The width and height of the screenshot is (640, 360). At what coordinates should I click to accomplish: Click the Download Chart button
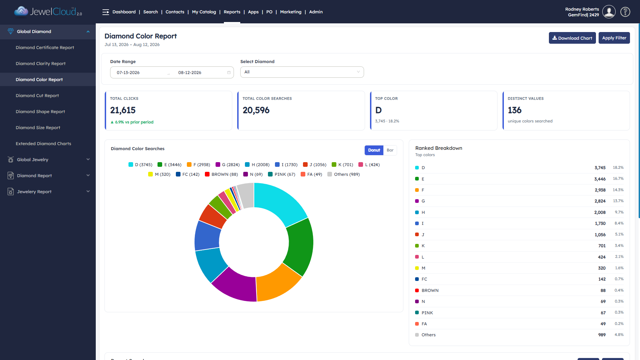point(572,38)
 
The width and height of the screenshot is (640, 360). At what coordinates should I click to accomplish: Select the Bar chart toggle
point(390,150)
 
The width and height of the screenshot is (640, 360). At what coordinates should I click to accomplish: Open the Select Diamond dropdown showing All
point(302,72)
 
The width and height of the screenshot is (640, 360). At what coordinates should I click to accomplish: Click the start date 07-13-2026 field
point(128,73)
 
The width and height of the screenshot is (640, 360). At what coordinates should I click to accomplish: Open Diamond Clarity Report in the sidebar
point(41,63)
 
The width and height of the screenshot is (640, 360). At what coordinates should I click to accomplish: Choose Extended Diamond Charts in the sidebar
point(43,143)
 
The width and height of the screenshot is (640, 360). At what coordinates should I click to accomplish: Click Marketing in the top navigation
point(291,12)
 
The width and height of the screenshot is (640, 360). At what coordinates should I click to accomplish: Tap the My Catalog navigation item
point(204,12)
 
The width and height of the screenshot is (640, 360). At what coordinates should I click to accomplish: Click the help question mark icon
point(625,12)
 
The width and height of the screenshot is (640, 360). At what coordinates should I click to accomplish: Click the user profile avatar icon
point(609,12)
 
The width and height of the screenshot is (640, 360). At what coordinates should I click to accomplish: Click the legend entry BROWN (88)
point(221,174)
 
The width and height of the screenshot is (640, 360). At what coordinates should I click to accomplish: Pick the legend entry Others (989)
point(343,174)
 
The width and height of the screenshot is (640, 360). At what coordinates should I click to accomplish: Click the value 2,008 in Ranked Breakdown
point(600,212)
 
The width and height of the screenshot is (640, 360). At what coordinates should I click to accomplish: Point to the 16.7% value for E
point(618,178)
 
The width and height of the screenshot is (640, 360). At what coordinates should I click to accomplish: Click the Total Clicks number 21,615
point(123,110)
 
